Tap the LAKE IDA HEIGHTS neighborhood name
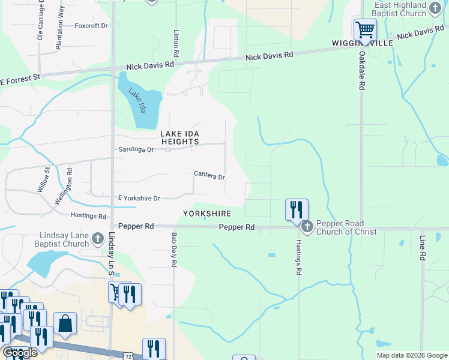[x=179, y=137]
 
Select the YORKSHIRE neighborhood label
[x=206, y=214]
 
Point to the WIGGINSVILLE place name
[x=363, y=44]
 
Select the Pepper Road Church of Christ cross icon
[x=307, y=227]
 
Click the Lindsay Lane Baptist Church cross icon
[x=98, y=240]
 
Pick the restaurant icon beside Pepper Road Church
[x=296, y=209]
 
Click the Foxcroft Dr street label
[x=91, y=26]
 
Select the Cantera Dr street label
[x=209, y=176]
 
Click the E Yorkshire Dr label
[x=139, y=198]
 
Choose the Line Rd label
[x=423, y=248]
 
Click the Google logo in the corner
[x=19, y=353]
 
